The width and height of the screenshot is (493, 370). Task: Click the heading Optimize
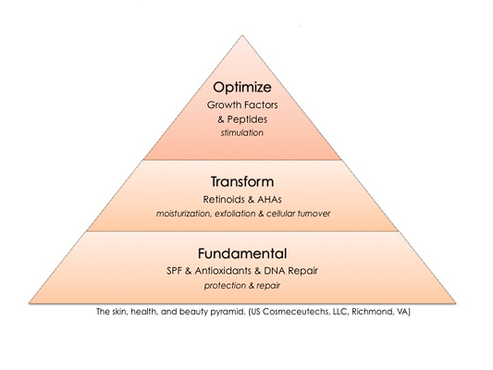point(242,88)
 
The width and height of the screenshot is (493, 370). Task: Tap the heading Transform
point(242,181)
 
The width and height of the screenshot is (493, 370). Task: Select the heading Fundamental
point(242,253)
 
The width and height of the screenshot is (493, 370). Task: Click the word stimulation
point(241,132)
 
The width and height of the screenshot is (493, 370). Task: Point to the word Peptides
point(247,119)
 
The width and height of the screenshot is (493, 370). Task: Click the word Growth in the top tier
point(221,105)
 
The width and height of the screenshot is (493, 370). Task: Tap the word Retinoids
point(224,199)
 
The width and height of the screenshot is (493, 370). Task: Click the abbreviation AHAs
point(269,199)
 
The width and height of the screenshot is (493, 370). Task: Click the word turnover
point(314,214)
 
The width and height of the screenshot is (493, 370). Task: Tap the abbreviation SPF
point(175,271)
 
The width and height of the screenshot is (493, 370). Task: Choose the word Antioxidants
point(223,271)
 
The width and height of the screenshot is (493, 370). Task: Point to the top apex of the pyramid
point(242,35)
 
